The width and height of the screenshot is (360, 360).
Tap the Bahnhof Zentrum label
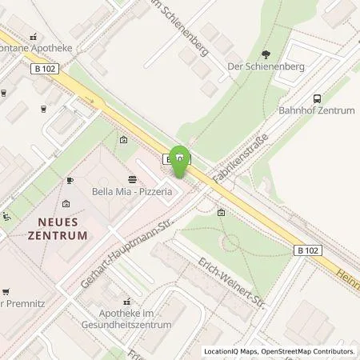[316, 110]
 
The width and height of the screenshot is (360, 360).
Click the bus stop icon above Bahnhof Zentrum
[317, 96]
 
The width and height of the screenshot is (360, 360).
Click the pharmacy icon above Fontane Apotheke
[34, 36]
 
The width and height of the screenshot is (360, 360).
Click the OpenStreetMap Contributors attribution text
[303, 351]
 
